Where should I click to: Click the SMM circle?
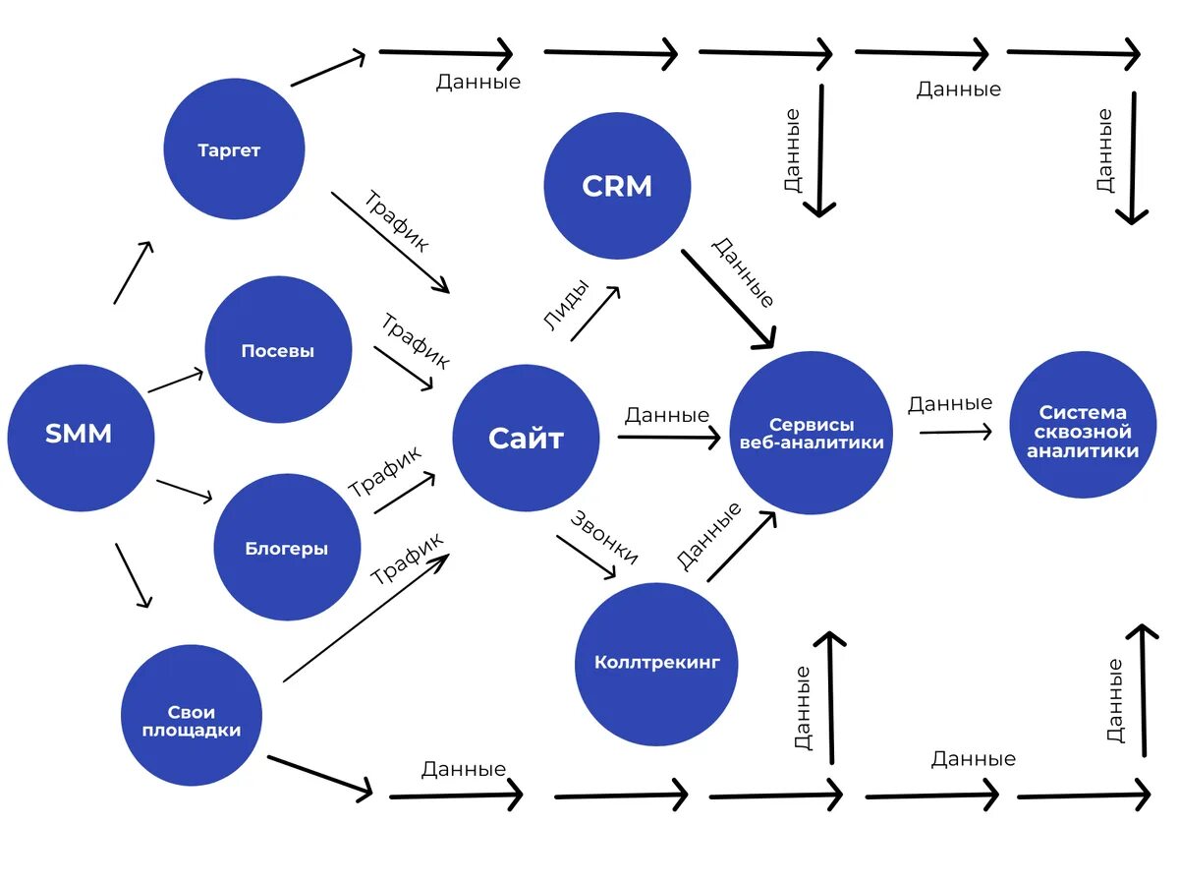tap(81, 438)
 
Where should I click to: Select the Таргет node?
tap(234, 148)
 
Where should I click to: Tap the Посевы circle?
tap(278, 349)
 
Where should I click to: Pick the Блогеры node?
tap(287, 547)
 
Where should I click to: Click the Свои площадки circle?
tap(192, 715)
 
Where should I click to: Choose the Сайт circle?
tap(526, 438)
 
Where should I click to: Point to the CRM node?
tap(617, 186)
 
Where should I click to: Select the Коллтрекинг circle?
tap(656, 664)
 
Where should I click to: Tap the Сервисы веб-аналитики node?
tap(811, 433)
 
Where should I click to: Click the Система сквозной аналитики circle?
tap(1083, 425)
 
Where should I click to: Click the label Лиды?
tap(566, 305)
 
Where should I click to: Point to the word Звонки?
tap(603, 537)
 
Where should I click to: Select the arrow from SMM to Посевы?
tap(176, 381)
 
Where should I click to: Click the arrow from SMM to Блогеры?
tap(185, 491)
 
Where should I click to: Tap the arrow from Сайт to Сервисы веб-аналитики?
tap(669, 438)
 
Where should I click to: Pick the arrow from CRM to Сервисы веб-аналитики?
tap(728, 299)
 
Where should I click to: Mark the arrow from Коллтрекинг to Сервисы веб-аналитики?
tap(742, 546)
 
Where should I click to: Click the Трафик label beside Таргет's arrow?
tap(396, 221)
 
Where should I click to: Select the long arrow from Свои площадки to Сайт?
tap(365, 618)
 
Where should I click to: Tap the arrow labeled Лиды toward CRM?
tap(595, 314)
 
